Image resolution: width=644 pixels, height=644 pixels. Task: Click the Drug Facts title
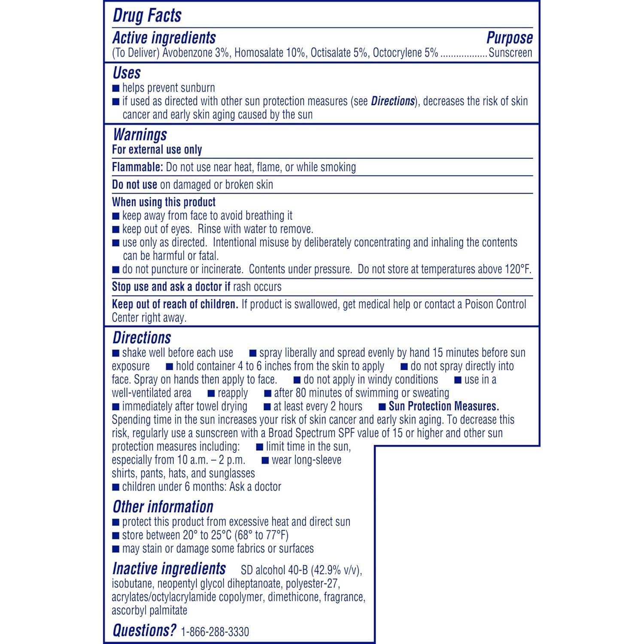(x=147, y=15)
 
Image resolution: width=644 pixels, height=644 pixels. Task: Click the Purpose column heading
(x=509, y=38)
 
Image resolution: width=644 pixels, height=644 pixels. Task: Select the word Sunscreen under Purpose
(x=510, y=53)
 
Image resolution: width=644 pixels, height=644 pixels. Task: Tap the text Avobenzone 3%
(x=196, y=53)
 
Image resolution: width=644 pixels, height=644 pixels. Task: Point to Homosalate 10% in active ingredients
(x=270, y=53)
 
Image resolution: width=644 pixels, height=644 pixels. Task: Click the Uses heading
(x=127, y=73)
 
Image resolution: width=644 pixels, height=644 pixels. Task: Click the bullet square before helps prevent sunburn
(x=115, y=88)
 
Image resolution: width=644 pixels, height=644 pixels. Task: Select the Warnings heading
(x=140, y=135)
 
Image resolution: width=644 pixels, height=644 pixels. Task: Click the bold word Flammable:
(x=137, y=167)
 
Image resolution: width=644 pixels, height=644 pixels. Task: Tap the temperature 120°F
(x=518, y=269)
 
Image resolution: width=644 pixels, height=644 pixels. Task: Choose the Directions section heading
(x=142, y=338)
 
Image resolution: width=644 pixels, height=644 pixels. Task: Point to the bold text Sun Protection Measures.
(x=444, y=406)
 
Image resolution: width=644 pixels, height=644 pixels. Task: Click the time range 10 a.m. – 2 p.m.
(x=211, y=460)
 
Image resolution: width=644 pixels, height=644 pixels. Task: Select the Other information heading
(x=163, y=507)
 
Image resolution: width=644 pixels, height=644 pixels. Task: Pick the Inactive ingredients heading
(x=169, y=569)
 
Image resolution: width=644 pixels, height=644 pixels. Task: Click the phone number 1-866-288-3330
(x=215, y=632)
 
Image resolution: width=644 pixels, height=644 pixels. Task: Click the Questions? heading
(x=144, y=630)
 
